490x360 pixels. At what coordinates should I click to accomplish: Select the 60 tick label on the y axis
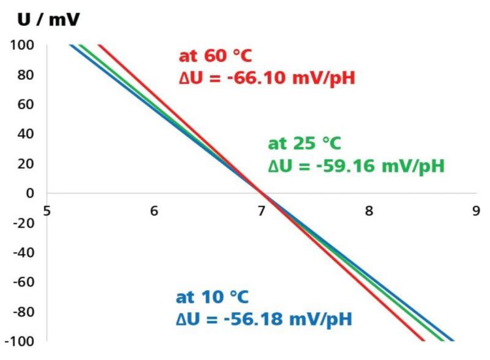pyautogui.click(x=26, y=104)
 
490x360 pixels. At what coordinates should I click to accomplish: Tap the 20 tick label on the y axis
pyautogui.click(x=26, y=163)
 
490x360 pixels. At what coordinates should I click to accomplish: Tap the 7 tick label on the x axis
pyautogui.click(x=261, y=210)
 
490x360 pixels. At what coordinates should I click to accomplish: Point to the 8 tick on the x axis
pyautogui.click(x=369, y=210)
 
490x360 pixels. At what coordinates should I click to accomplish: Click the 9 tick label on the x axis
pyautogui.click(x=476, y=210)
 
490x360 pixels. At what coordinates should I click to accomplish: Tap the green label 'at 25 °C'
pyautogui.click(x=304, y=143)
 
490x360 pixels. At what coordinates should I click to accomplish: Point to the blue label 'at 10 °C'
pyautogui.click(x=212, y=297)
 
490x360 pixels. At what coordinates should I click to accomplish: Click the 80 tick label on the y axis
pyautogui.click(x=26, y=74)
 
